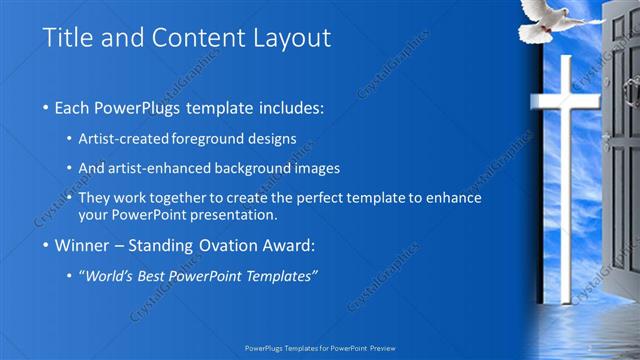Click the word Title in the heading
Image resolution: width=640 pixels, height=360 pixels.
(x=68, y=38)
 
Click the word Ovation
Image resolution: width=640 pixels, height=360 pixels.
(x=222, y=246)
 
